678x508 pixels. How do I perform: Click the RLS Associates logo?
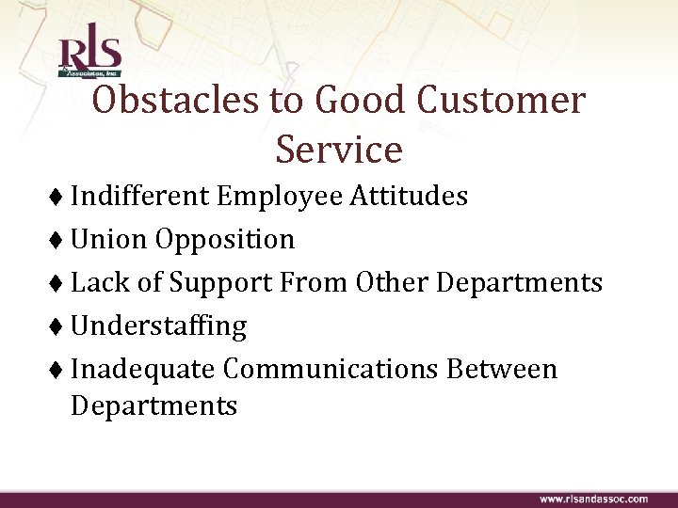(89, 56)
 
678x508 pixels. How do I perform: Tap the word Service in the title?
(339, 149)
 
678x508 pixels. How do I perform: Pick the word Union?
(110, 240)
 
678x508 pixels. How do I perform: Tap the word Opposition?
(226, 240)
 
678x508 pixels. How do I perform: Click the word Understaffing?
(158, 326)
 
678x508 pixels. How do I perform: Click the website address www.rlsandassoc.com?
(593, 498)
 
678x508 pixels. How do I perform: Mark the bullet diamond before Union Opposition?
(60, 241)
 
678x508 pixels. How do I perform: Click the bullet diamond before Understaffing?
(60, 327)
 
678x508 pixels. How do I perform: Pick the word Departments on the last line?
(153, 406)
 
